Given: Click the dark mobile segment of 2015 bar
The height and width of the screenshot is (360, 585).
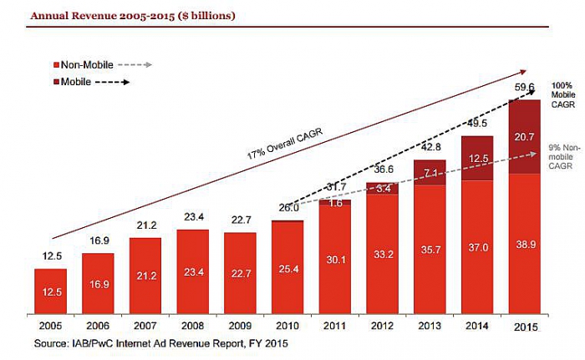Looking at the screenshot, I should (524, 137).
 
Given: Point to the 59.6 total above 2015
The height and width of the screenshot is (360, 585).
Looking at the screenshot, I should (524, 86).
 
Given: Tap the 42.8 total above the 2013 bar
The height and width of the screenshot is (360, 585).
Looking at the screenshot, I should (429, 124).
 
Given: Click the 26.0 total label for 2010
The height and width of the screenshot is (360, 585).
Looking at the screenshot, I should (287, 207).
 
